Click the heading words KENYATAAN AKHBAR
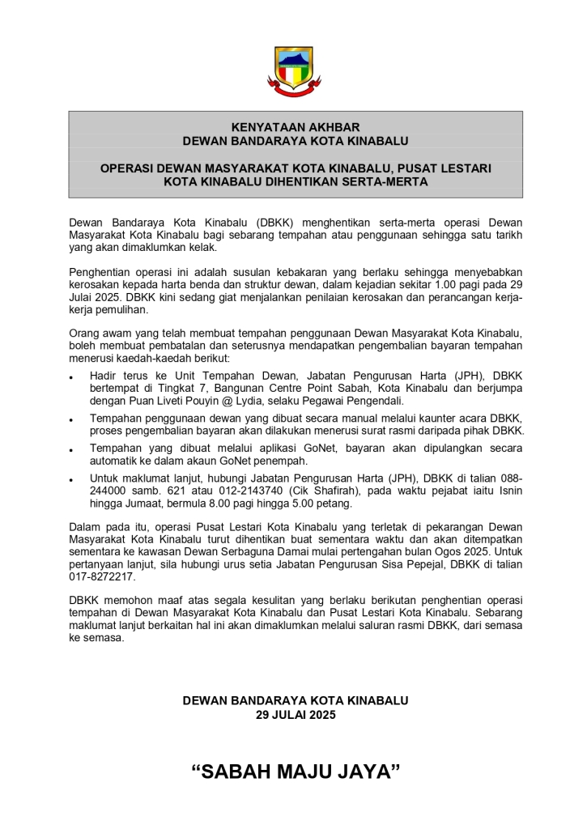click(x=295, y=127)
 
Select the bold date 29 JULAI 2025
click(x=295, y=715)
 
